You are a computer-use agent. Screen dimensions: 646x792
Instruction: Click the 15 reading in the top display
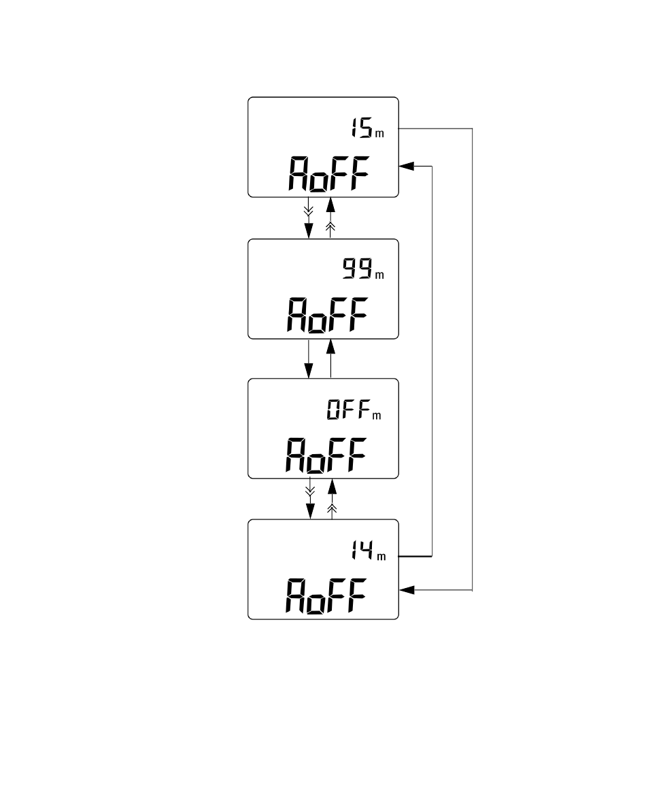pyautogui.click(x=362, y=127)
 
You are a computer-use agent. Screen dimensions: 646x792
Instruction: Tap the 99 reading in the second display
pyautogui.click(x=358, y=269)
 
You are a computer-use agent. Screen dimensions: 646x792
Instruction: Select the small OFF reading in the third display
pyautogui.click(x=349, y=409)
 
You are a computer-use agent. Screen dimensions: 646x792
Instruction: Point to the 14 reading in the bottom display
pyautogui.click(x=363, y=549)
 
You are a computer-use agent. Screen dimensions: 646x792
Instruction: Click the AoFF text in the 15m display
pyautogui.click(x=329, y=174)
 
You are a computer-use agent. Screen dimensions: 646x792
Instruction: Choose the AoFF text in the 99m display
pyautogui.click(x=327, y=315)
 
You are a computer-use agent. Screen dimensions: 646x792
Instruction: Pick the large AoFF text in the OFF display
pyautogui.click(x=326, y=455)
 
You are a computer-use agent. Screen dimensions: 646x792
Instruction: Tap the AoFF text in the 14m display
pyautogui.click(x=326, y=596)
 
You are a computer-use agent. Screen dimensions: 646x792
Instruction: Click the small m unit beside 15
pyautogui.click(x=379, y=134)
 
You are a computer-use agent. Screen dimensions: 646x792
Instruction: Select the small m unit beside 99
pyautogui.click(x=379, y=275)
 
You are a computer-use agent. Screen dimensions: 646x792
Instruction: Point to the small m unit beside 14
pyautogui.click(x=381, y=557)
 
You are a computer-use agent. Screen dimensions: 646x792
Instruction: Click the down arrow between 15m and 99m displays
pyautogui.click(x=309, y=218)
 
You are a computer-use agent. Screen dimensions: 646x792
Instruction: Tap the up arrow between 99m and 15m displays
pyautogui.click(x=331, y=218)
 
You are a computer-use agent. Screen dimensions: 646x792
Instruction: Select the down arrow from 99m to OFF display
pyautogui.click(x=309, y=359)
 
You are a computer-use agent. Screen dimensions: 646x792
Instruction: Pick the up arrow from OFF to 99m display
pyautogui.click(x=331, y=359)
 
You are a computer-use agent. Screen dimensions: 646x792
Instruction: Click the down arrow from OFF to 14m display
pyautogui.click(x=310, y=498)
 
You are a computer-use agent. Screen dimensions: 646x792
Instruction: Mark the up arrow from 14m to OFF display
pyautogui.click(x=332, y=498)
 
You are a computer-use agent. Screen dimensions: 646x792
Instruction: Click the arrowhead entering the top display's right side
pyautogui.click(x=407, y=166)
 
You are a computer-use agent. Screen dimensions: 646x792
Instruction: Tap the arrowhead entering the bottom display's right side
pyautogui.click(x=407, y=589)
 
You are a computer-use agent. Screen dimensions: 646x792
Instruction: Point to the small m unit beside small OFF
pyautogui.click(x=377, y=415)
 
